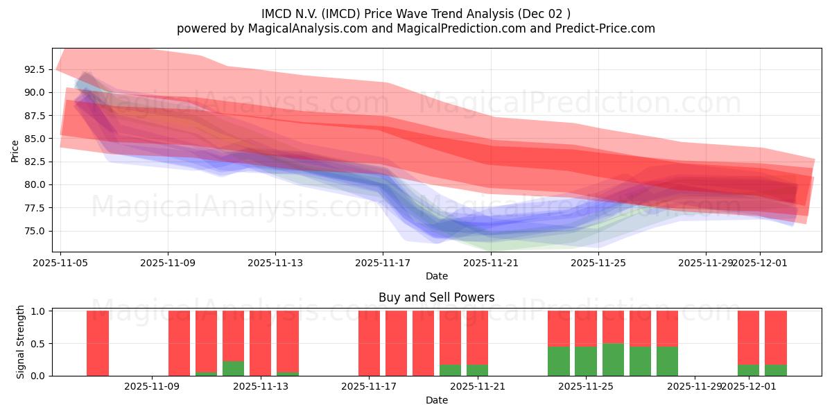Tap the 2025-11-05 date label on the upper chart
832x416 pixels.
[60, 263]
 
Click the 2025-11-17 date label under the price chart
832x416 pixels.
[383, 263]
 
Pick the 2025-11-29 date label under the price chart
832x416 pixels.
[705, 263]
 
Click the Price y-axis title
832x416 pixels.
[15, 150]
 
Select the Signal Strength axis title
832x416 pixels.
[21, 342]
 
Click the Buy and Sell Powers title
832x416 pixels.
[436, 297]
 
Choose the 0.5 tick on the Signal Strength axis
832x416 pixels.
[39, 343]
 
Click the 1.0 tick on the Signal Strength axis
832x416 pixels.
[39, 311]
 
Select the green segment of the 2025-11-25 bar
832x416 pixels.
[613, 360]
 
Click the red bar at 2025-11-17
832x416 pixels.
[369, 343]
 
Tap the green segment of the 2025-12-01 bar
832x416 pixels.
[748, 370]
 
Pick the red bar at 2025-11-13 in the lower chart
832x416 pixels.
[260, 343]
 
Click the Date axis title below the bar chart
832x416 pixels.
[436, 400]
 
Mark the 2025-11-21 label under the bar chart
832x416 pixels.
[478, 387]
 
